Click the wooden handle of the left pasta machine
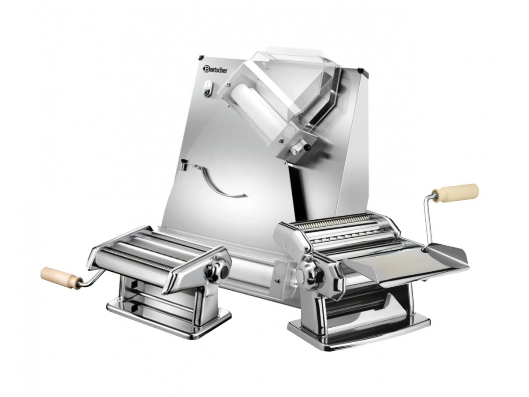[60, 277]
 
